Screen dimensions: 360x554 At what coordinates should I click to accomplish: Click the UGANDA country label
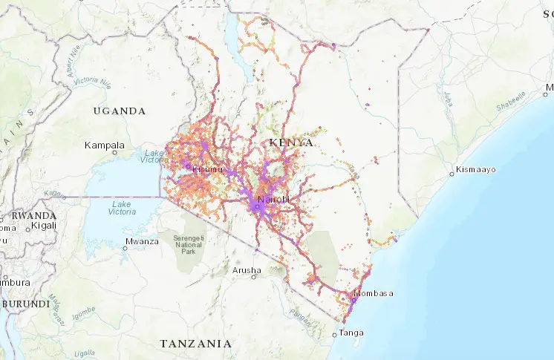(119, 111)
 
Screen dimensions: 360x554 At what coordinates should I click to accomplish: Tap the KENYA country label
(292, 142)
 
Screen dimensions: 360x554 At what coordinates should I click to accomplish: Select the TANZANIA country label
(195, 344)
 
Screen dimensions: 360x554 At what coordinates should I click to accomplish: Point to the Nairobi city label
(273, 200)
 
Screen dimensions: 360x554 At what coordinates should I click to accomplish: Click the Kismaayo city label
(477, 170)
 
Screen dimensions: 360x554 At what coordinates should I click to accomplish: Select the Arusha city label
(245, 269)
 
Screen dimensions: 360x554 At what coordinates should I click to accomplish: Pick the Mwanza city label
(143, 240)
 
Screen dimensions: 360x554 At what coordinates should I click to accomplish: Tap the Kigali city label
(43, 224)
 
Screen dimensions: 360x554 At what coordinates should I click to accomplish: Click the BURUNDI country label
(25, 304)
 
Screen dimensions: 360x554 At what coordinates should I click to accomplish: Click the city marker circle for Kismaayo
(452, 174)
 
